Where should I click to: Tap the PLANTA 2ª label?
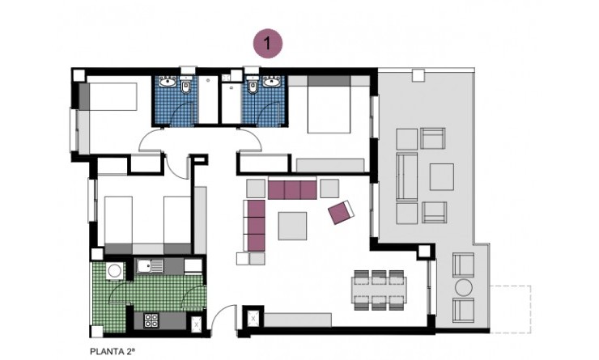111,351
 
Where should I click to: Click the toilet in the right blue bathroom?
252,88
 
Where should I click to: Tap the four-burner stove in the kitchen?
151,320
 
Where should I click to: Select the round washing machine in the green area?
115,270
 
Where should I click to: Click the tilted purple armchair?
341,213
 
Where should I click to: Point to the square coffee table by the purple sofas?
292,225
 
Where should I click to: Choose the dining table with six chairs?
378,288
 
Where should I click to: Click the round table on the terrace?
464,287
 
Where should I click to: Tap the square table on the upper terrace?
442,176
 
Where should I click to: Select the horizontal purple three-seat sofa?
291,189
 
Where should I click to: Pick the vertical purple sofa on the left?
256,226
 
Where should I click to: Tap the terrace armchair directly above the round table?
464,264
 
